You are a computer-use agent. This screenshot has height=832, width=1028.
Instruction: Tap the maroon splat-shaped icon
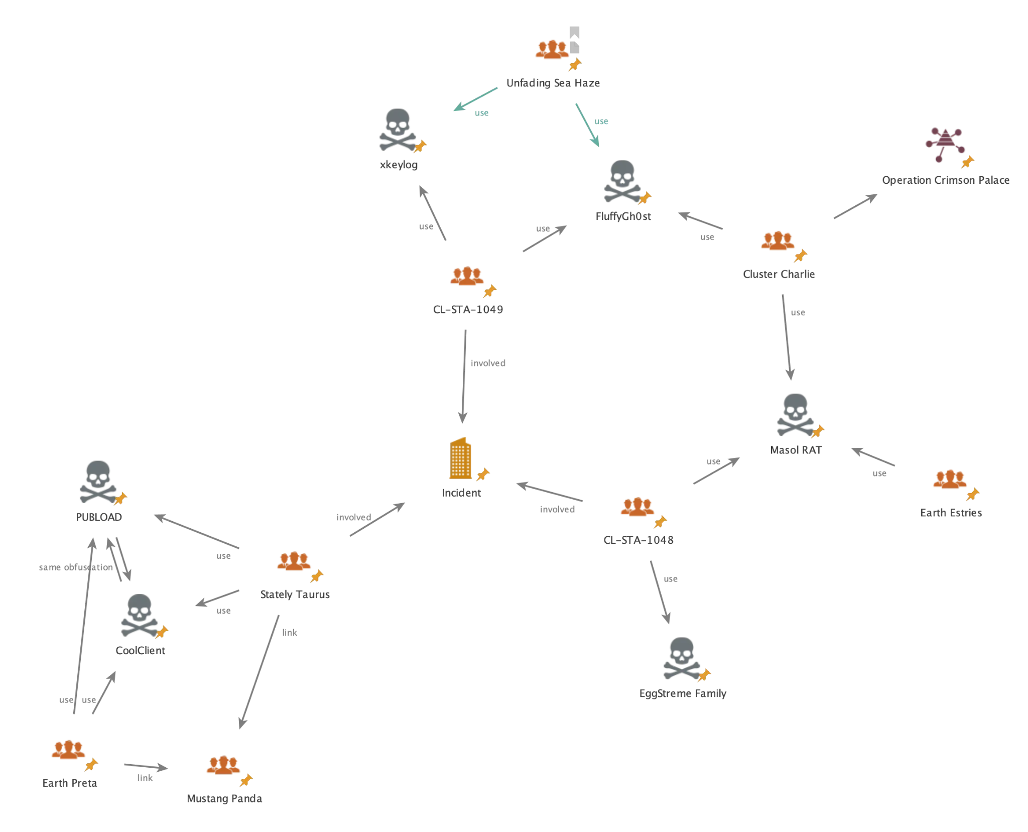click(x=944, y=144)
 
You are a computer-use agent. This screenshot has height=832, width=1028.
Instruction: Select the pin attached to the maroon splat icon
click(x=967, y=162)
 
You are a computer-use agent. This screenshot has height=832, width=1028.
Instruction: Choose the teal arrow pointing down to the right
click(x=588, y=125)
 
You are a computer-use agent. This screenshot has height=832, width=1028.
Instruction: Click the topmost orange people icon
click(x=552, y=50)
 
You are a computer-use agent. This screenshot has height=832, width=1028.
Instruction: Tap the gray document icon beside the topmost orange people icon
click(x=576, y=39)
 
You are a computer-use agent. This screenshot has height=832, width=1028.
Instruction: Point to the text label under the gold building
click(x=462, y=493)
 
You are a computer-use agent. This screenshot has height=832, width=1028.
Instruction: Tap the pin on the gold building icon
click(x=483, y=474)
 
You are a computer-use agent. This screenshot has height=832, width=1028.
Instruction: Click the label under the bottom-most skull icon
click(x=683, y=695)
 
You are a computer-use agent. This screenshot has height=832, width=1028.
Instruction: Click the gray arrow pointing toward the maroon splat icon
click(x=855, y=207)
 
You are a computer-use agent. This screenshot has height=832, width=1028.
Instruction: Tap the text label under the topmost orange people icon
click(x=552, y=83)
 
